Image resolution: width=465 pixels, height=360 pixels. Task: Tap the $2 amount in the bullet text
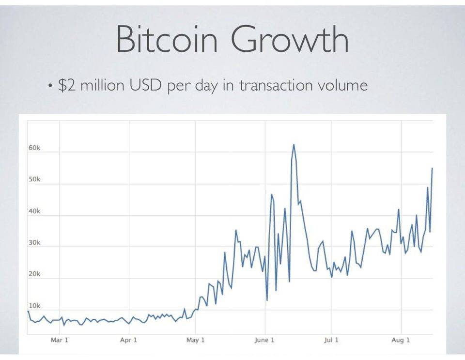(x=66, y=86)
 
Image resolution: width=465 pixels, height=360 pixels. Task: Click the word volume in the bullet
(x=342, y=86)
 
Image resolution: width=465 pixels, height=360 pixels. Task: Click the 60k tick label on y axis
(x=34, y=148)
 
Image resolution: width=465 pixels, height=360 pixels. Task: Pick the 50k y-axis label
(x=34, y=180)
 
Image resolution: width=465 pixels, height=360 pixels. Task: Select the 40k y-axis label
(x=34, y=211)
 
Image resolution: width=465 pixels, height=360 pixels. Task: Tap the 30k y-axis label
(x=34, y=243)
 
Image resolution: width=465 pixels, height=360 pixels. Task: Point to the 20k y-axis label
(x=34, y=274)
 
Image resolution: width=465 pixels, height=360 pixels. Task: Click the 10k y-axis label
(x=34, y=306)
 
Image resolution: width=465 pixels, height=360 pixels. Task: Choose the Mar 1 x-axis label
(x=60, y=340)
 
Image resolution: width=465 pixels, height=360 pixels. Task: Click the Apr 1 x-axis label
(x=128, y=340)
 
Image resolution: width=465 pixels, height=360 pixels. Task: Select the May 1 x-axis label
(x=195, y=340)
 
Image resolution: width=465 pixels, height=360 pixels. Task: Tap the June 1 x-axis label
(x=264, y=340)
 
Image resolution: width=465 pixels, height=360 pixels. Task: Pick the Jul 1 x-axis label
(x=332, y=340)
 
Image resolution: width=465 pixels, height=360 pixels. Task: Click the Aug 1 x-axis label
(x=401, y=340)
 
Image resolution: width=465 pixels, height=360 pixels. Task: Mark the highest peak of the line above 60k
(x=294, y=145)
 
